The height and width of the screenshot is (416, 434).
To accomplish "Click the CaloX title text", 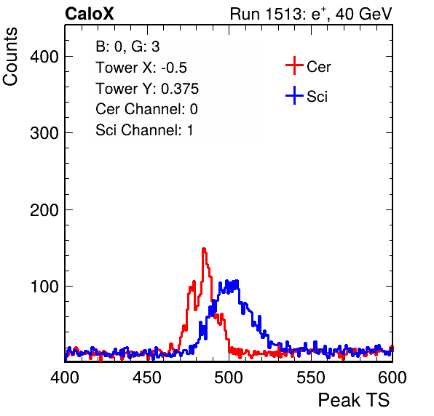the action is pyautogui.click(x=89, y=13).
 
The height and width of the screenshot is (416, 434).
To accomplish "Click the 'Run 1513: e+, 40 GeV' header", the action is pyautogui.click(x=311, y=14).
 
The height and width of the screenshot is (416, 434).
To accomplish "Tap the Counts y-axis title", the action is pyautogui.click(x=10, y=57).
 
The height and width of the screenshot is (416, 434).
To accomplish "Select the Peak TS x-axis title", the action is pyautogui.click(x=354, y=400).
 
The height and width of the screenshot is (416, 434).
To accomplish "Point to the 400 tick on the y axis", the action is pyautogui.click(x=44, y=57).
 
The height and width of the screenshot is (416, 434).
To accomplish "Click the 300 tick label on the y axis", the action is pyautogui.click(x=44, y=134).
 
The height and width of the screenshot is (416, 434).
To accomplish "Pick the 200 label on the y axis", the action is pyautogui.click(x=44, y=210).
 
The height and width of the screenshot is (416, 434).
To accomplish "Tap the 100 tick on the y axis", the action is pyautogui.click(x=44, y=287).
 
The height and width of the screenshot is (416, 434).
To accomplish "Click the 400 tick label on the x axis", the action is pyautogui.click(x=65, y=377).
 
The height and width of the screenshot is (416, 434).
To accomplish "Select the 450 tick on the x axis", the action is pyautogui.click(x=147, y=377).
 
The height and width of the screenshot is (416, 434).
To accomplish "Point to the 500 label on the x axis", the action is pyautogui.click(x=229, y=377).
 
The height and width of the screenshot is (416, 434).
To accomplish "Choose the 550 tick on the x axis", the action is pyautogui.click(x=310, y=377).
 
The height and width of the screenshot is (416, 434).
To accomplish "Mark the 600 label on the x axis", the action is pyautogui.click(x=392, y=377).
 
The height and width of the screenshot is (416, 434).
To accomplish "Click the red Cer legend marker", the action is pyautogui.click(x=294, y=65).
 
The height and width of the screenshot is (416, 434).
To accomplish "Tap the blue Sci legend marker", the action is pyautogui.click(x=294, y=96).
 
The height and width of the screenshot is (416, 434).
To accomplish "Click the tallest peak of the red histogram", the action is pyautogui.click(x=204, y=249).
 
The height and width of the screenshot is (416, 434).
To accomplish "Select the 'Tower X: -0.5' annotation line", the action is pyautogui.click(x=141, y=68).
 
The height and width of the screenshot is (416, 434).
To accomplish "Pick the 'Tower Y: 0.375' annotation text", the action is pyautogui.click(x=147, y=89).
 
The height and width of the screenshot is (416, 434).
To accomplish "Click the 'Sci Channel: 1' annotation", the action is pyautogui.click(x=144, y=130).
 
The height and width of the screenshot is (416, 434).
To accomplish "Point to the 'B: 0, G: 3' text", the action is pyautogui.click(x=127, y=47).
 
